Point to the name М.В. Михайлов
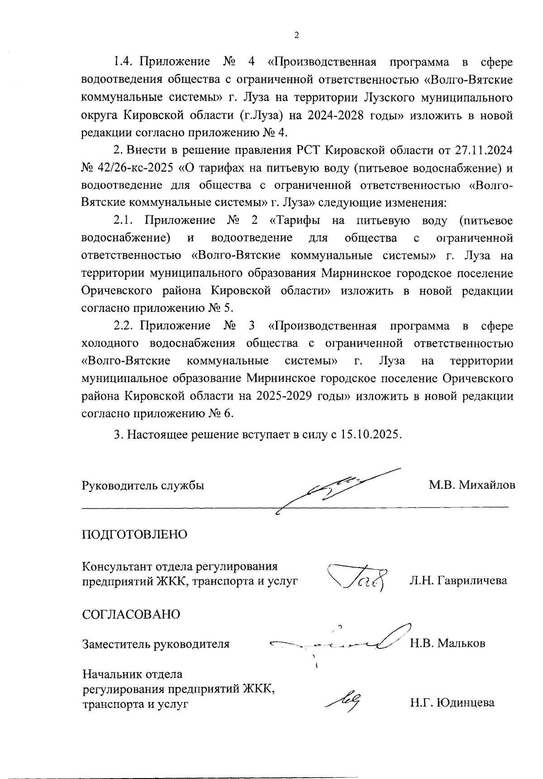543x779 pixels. (x=472, y=485)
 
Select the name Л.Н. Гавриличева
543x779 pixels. (x=458, y=580)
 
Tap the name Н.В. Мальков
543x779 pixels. (x=448, y=643)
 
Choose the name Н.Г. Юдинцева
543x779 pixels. (x=452, y=703)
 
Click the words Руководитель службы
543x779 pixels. (x=143, y=485)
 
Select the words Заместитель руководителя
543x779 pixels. (x=155, y=644)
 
